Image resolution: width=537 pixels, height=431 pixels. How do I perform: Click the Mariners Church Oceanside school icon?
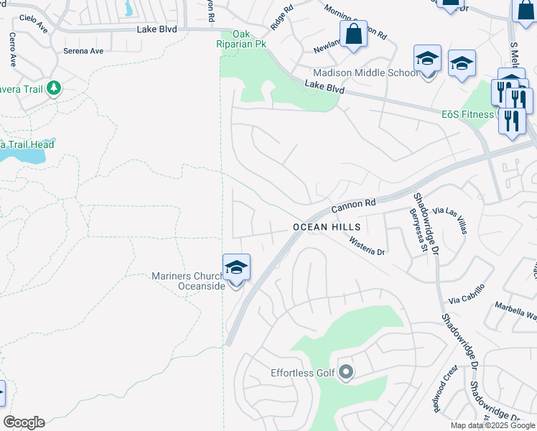pos(236,268)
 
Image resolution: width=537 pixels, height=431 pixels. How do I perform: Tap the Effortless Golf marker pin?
pos(347,372)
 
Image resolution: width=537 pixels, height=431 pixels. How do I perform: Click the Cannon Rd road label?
pos(353,206)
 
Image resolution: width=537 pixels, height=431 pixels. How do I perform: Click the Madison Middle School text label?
pos(365,73)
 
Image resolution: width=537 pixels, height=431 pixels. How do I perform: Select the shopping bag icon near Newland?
pos(353,33)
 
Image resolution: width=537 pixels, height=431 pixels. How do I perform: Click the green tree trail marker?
pos(53,88)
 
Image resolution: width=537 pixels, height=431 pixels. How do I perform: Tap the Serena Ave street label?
pos(83,51)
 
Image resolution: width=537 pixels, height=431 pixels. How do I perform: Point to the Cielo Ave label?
pos(33,24)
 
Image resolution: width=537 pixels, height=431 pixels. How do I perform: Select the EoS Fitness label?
pos(467,114)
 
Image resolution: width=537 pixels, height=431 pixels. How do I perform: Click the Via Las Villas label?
pos(457,218)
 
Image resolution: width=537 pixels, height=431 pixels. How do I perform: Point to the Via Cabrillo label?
pos(467,293)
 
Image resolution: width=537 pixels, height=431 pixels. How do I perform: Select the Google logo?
pos(24,422)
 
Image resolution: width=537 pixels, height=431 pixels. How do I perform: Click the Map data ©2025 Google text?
pos(492,425)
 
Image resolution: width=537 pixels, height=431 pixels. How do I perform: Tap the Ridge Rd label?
pos(282,18)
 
